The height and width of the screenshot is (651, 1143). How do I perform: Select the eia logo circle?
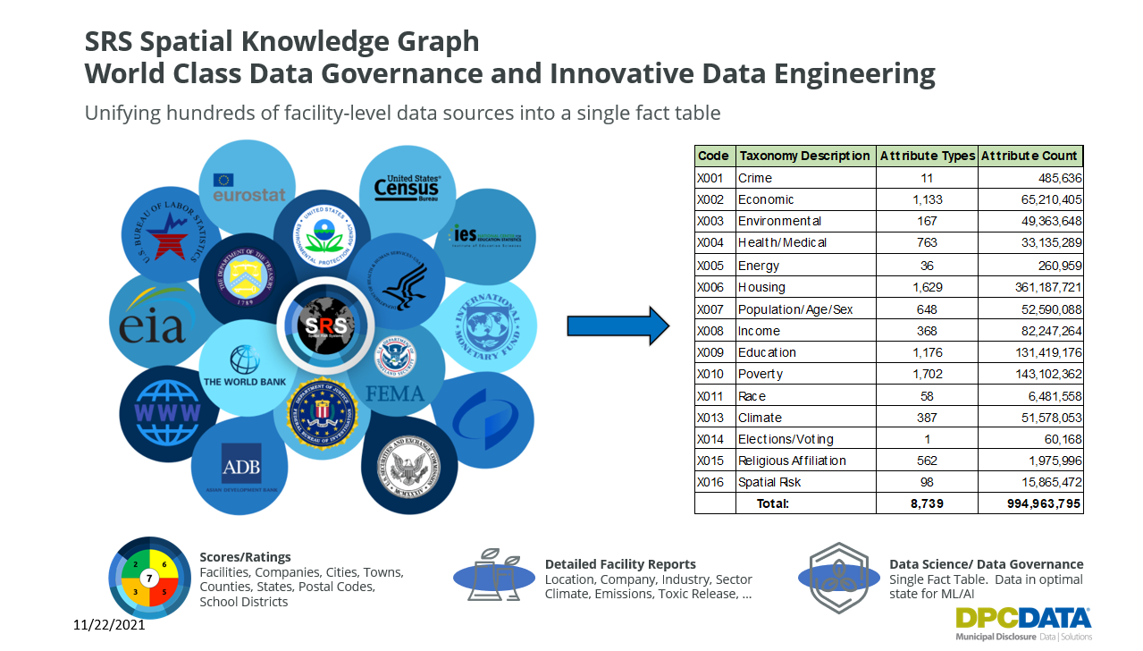click(154, 321)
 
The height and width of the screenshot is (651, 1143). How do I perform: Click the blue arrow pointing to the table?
click(618, 325)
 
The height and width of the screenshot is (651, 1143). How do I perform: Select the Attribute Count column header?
click(1030, 156)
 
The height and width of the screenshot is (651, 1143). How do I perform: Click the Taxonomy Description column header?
click(804, 156)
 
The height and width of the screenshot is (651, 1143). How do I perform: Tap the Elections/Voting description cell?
click(786, 439)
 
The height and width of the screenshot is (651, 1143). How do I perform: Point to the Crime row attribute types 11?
click(926, 178)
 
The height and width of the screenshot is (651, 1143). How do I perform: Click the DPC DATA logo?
click(1022, 622)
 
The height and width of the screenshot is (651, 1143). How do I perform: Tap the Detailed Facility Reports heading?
click(620, 564)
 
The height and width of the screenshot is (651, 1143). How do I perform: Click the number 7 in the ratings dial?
click(150, 579)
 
